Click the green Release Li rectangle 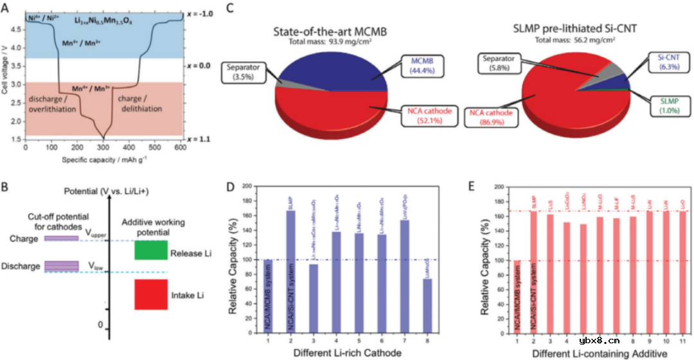pyautogui.click(x=151, y=250)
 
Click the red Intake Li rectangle pyautogui.click(x=151, y=295)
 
